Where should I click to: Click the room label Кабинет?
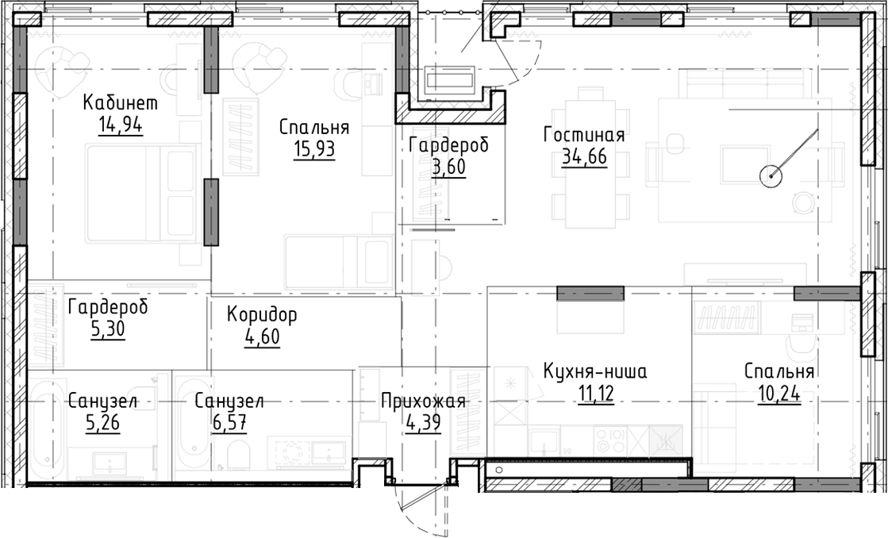121,103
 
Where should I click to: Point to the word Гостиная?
584,135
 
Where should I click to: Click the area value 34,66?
584,156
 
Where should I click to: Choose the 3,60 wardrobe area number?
448,168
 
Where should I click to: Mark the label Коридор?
262,315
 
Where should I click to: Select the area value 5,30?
107,332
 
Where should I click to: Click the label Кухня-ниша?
595,371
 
